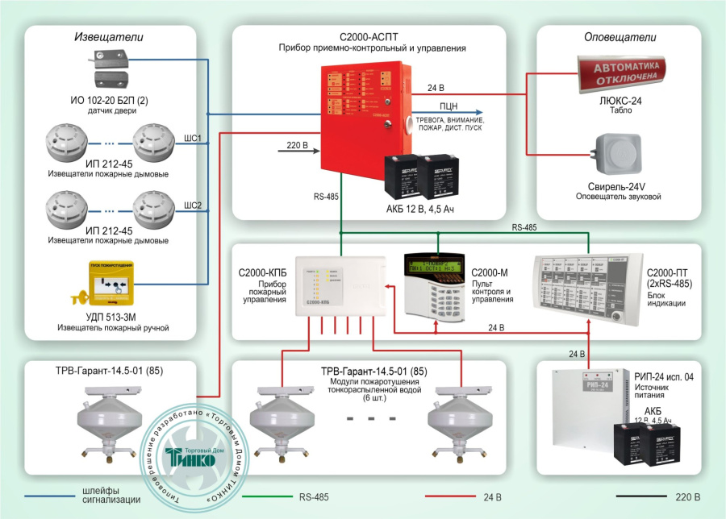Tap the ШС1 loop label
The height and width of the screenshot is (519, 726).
194,137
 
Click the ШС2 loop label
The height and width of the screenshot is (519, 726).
194,203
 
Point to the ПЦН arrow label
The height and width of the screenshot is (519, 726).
450,106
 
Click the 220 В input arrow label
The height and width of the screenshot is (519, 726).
298,146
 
